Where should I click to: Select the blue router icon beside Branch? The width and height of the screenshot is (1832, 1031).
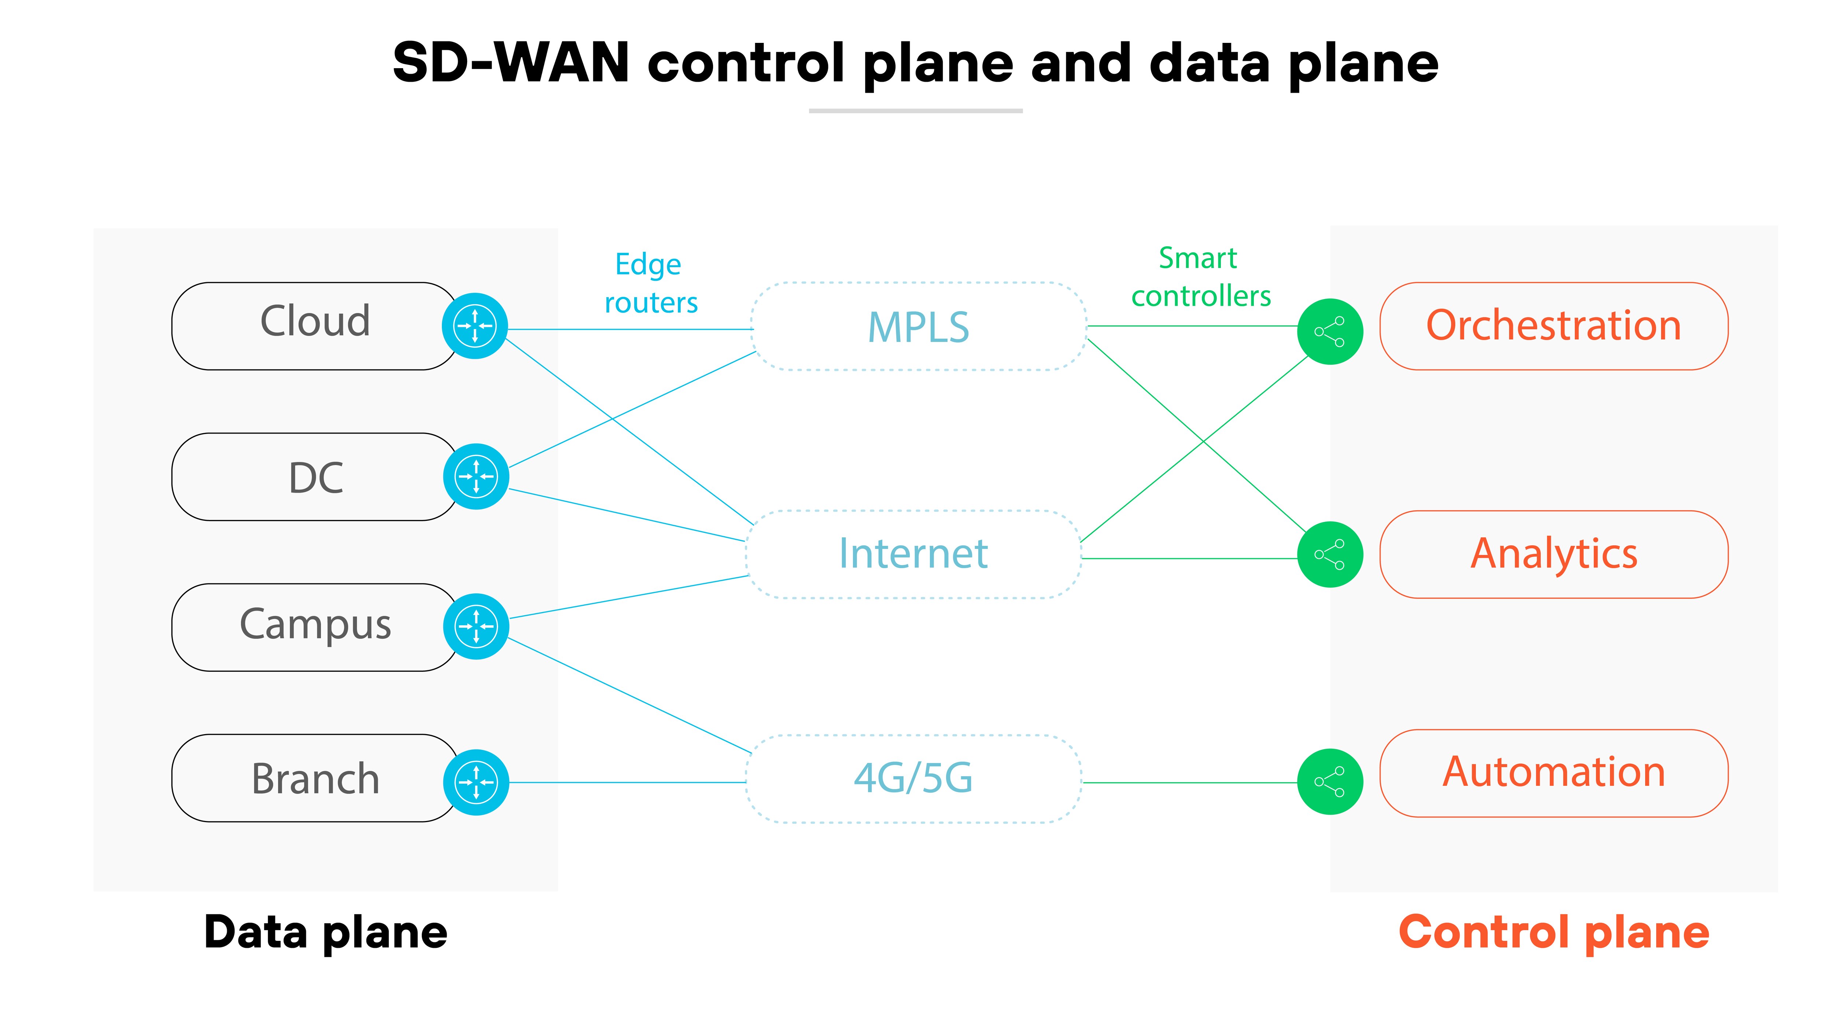click(476, 782)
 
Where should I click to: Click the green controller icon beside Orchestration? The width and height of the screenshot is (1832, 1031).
click(1329, 332)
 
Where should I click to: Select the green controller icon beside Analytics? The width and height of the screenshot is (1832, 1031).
click(1329, 554)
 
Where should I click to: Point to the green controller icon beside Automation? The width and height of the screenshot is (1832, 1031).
click(1329, 781)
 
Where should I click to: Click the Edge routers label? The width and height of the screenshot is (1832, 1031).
click(650, 283)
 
